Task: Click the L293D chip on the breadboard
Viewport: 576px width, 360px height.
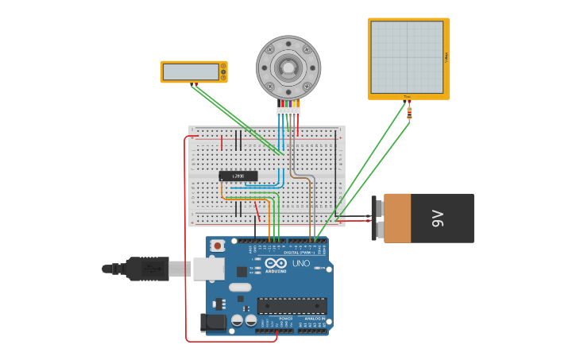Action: tap(238, 176)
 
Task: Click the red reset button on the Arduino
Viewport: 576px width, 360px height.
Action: tap(217, 246)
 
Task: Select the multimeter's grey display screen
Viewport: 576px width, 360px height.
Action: tap(191, 72)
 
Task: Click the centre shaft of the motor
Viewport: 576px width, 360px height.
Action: tap(288, 68)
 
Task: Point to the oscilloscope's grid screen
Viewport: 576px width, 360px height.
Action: tap(407, 57)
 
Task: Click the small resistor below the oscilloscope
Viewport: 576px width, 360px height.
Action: tap(409, 114)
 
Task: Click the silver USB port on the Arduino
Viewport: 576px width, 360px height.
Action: tap(208, 269)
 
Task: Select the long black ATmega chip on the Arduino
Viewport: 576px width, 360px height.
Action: tap(292, 305)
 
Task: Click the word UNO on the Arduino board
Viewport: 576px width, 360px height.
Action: tap(301, 263)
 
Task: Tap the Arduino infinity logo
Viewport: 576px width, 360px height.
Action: tap(276, 263)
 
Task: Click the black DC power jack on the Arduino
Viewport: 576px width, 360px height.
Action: tap(213, 322)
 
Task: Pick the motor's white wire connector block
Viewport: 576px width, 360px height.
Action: tap(288, 112)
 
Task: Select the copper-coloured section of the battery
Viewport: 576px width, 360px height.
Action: tap(397, 218)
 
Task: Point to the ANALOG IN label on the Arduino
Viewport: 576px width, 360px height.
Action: tap(315, 318)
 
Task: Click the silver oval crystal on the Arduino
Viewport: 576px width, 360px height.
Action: tap(239, 288)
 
